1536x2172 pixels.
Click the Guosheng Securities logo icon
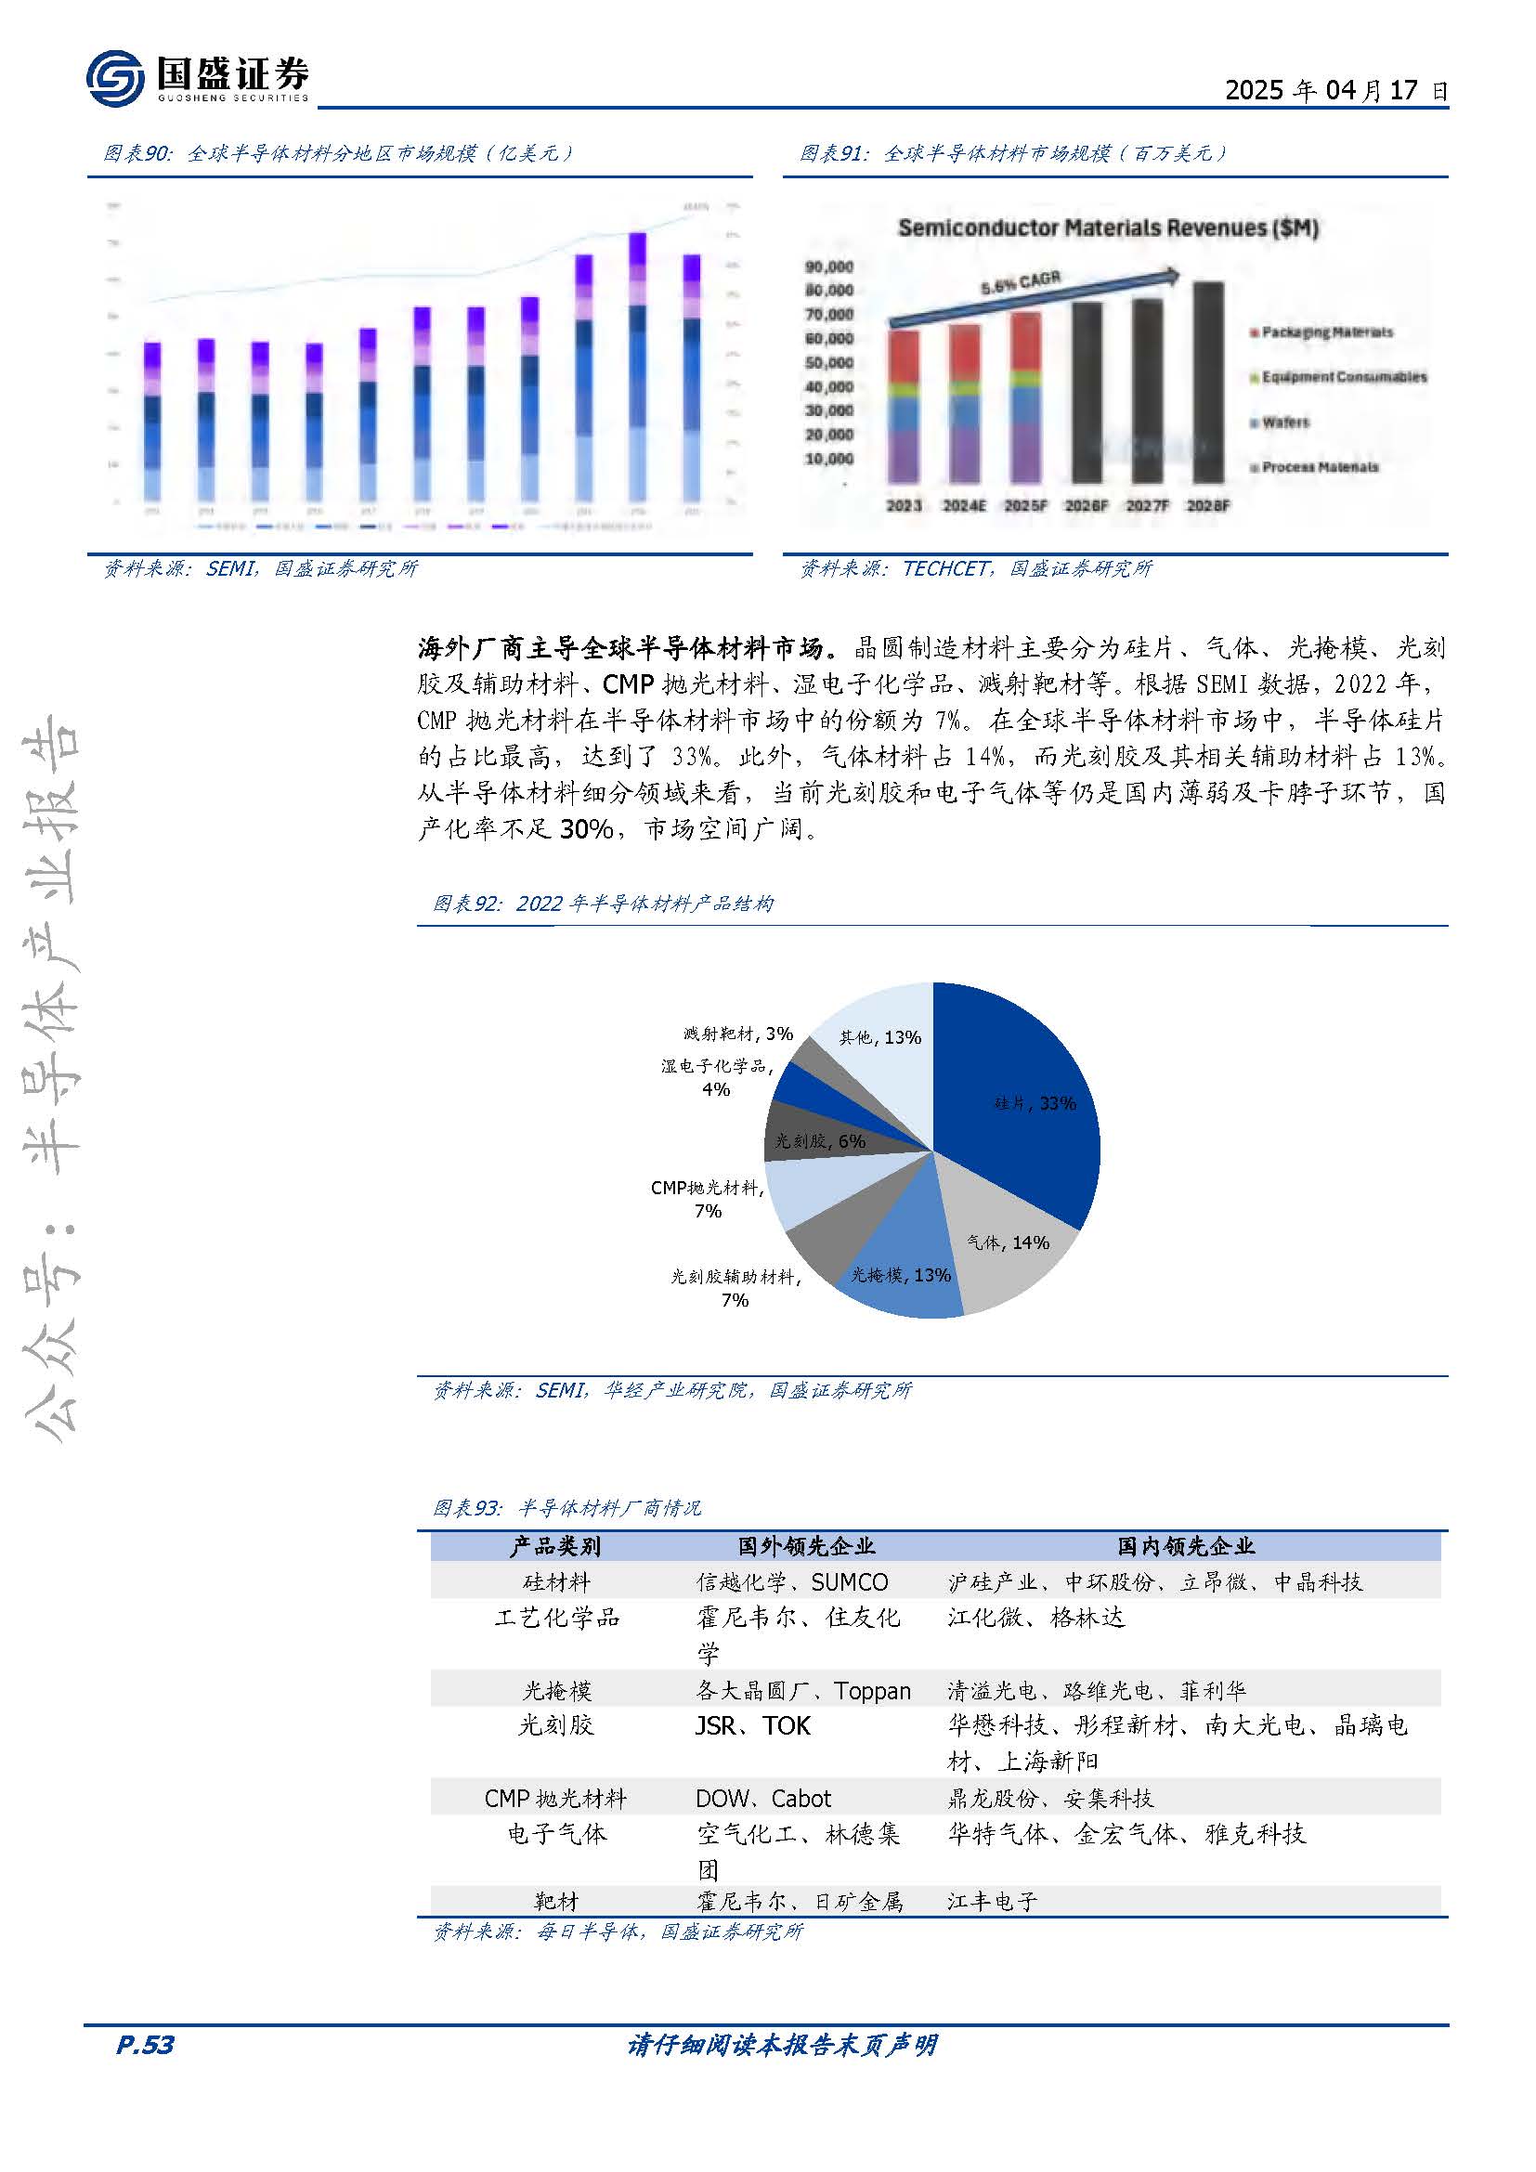click(114, 78)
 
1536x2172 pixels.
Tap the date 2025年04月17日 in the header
click(1335, 90)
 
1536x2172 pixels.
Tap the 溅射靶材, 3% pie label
click(737, 1034)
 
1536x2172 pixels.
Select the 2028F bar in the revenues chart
click(1208, 384)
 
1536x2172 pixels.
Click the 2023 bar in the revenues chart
click(904, 407)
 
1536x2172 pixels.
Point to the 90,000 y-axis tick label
click(828, 267)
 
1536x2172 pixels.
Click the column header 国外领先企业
click(806, 1547)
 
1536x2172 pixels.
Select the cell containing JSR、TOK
click(753, 1726)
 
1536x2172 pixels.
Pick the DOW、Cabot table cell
click(763, 1799)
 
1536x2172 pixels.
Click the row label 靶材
click(556, 1902)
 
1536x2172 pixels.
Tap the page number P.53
click(145, 2045)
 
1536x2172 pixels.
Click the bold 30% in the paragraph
click(586, 829)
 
